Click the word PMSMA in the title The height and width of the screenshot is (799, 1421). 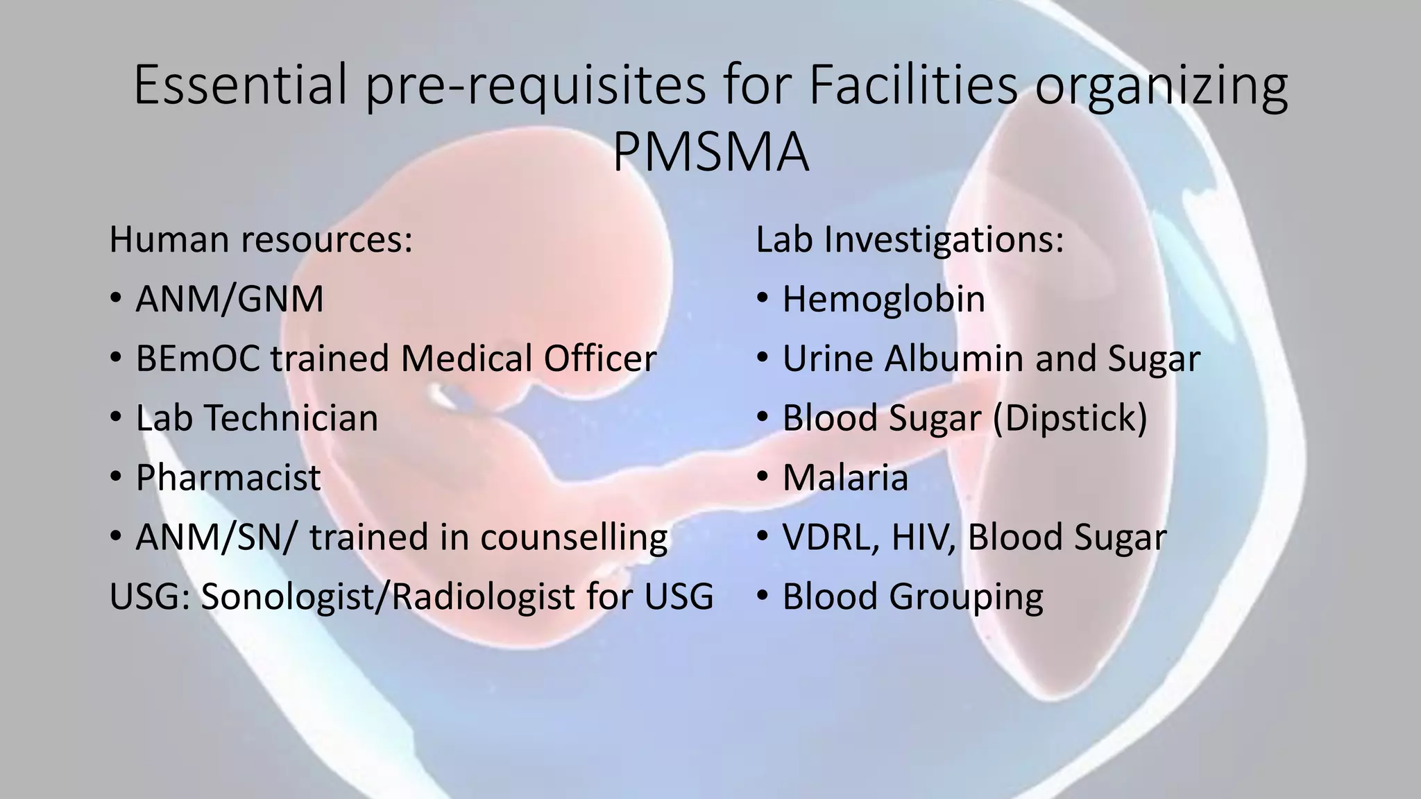[x=710, y=153]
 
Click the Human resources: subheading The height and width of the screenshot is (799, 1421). [x=261, y=240]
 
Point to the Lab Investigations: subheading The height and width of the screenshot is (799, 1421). [x=910, y=240]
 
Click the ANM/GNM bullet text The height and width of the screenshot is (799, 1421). [x=230, y=300]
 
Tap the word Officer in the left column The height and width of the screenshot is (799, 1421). [x=600, y=359]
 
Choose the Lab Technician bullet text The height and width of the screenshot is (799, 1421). [x=257, y=419]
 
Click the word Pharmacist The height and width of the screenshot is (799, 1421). [x=228, y=478]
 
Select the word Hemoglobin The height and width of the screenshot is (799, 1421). [x=883, y=300]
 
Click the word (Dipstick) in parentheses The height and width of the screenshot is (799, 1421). [x=1070, y=419]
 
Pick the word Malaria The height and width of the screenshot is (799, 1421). [x=845, y=478]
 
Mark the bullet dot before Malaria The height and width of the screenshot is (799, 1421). [x=763, y=477]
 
